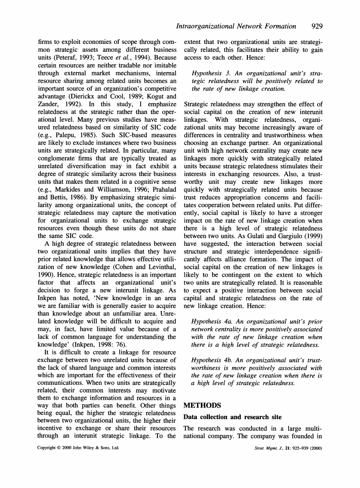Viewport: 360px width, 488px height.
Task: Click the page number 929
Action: [x=317, y=26]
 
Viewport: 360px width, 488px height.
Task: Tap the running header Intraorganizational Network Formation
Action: [x=236, y=26]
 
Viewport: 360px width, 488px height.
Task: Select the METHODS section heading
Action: [x=202, y=405]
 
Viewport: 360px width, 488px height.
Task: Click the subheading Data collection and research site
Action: [x=233, y=417]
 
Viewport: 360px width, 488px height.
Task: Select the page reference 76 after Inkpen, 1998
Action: [x=121, y=345]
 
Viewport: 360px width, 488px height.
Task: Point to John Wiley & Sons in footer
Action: [x=94, y=448]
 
